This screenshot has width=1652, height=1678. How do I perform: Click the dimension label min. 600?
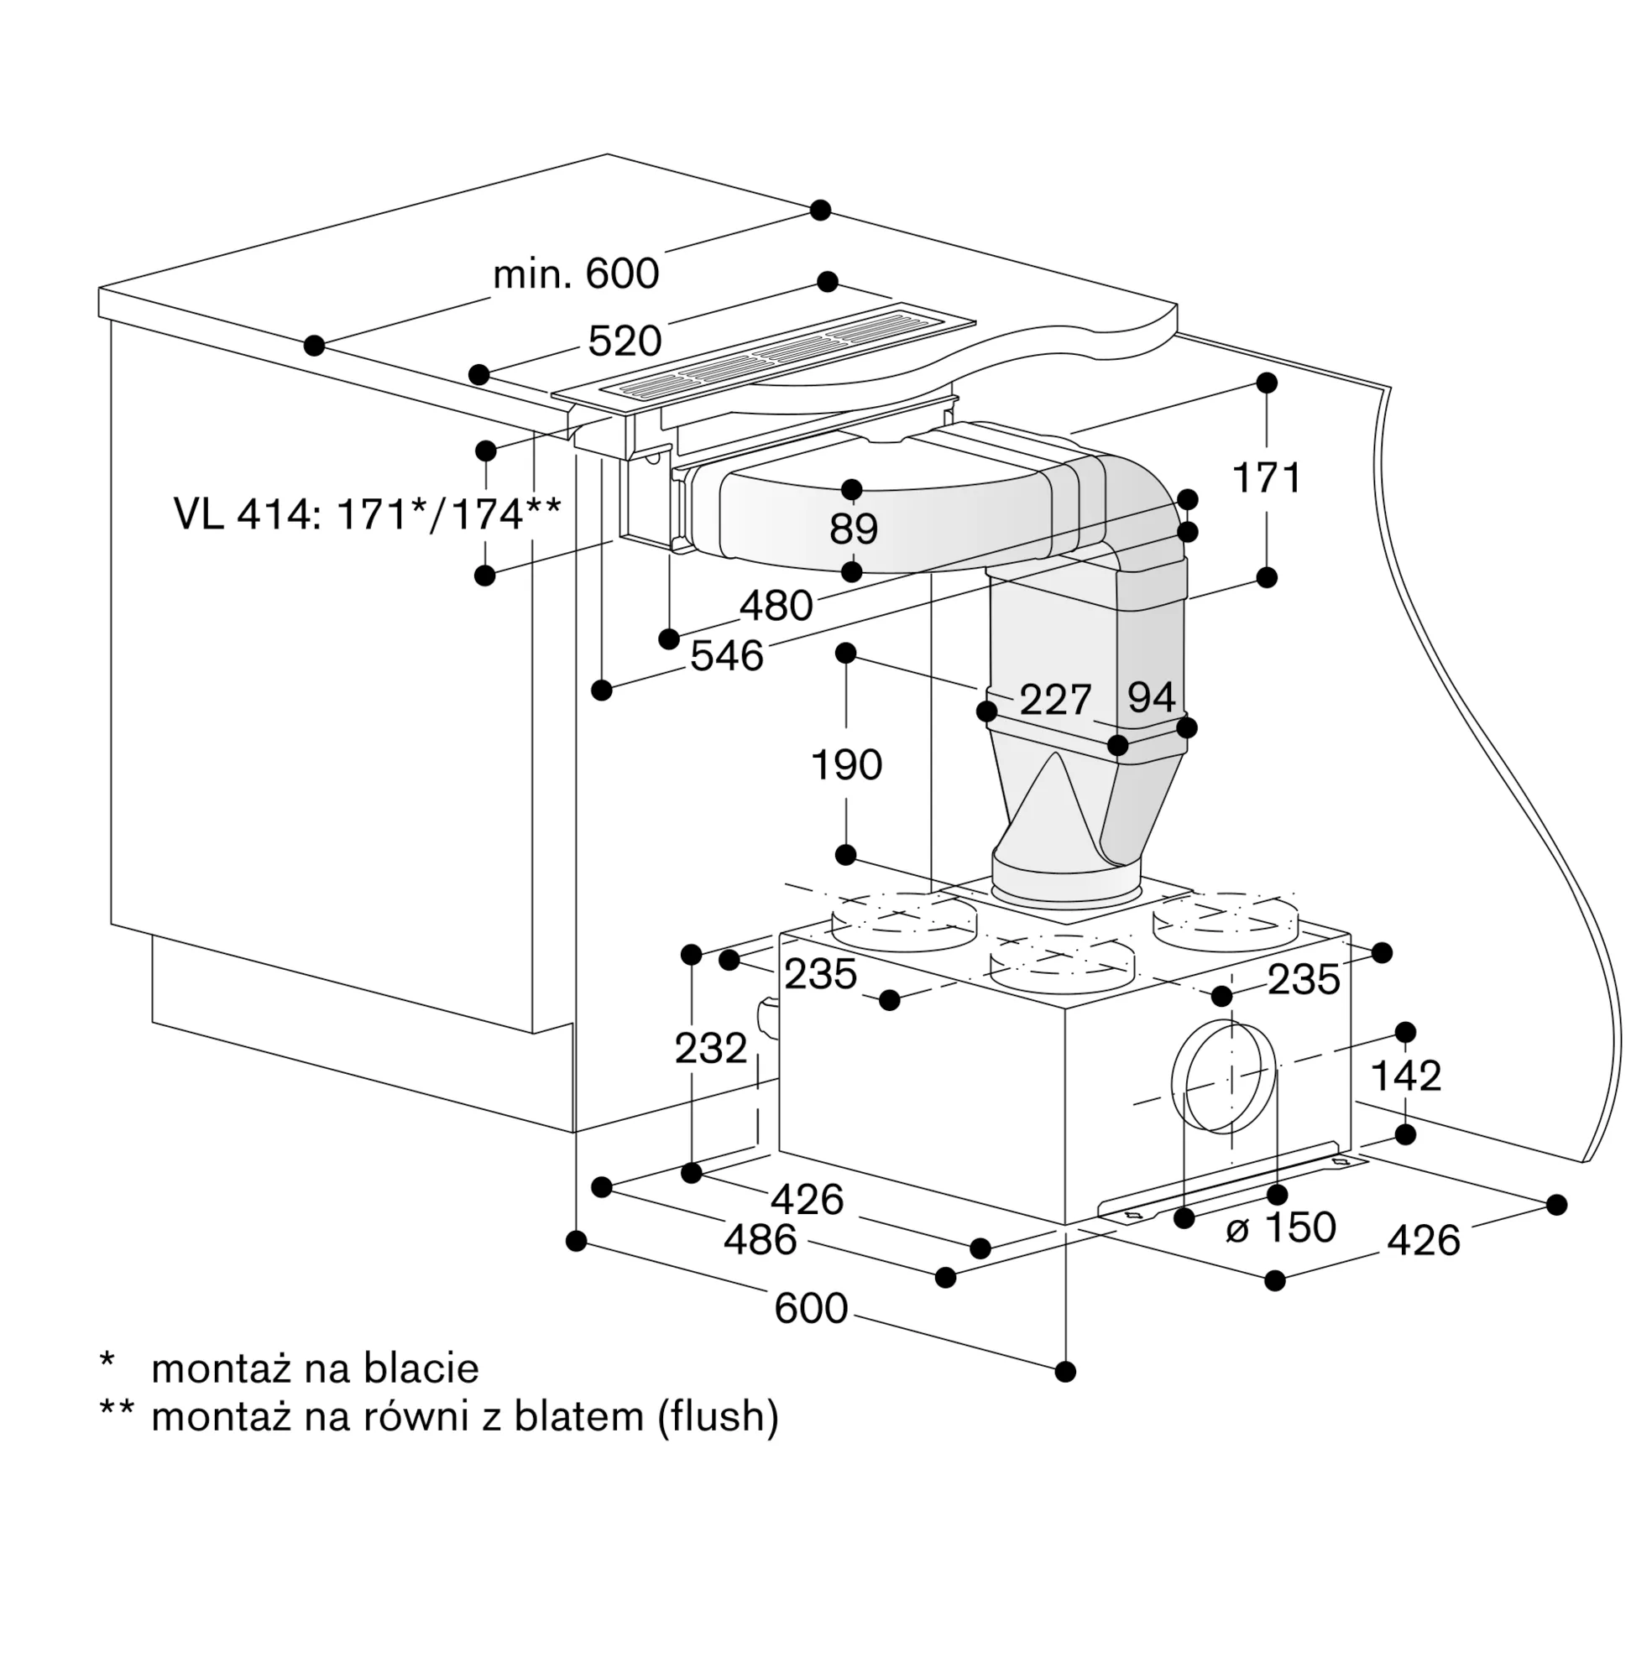(x=576, y=274)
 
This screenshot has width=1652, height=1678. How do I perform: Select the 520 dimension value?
(x=625, y=341)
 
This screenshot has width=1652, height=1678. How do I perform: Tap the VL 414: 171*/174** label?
(x=368, y=513)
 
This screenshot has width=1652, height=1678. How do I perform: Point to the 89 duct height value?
(x=854, y=528)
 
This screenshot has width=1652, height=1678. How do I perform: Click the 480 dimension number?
(x=776, y=605)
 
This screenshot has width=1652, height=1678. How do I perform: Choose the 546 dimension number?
(x=727, y=655)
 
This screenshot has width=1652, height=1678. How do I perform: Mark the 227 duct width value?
(x=1055, y=699)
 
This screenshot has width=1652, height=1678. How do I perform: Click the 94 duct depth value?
(x=1153, y=696)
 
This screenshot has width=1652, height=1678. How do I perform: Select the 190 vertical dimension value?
(x=846, y=765)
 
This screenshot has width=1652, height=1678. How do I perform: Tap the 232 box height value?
(x=712, y=1049)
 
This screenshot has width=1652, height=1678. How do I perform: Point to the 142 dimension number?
(x=1405, y=1076)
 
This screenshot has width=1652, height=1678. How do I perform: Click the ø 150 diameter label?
(x=1281, y=1227)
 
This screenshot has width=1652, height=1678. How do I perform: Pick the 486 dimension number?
(x=760, y=1239)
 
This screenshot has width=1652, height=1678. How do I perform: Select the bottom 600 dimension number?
(x=811, y=1308)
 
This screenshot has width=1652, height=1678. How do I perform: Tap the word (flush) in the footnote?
(x=718, y=1417)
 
